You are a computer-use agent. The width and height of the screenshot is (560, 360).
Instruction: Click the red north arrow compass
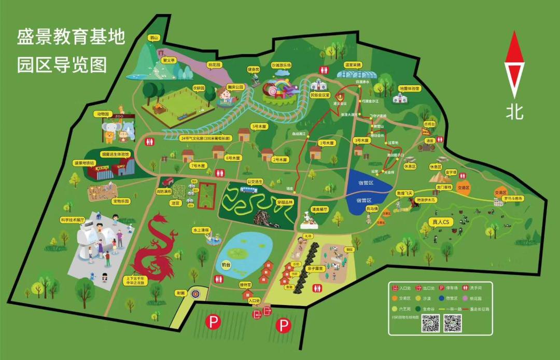(514, 64)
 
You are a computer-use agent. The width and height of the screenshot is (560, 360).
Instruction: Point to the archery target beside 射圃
(195, 294)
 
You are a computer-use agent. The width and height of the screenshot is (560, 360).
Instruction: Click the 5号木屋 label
(258, 126)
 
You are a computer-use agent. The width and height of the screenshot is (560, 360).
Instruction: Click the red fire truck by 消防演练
(168, 182)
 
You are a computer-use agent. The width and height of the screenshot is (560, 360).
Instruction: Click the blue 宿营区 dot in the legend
(442, 298)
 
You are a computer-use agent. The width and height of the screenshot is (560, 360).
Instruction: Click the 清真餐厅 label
(320, 209)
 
